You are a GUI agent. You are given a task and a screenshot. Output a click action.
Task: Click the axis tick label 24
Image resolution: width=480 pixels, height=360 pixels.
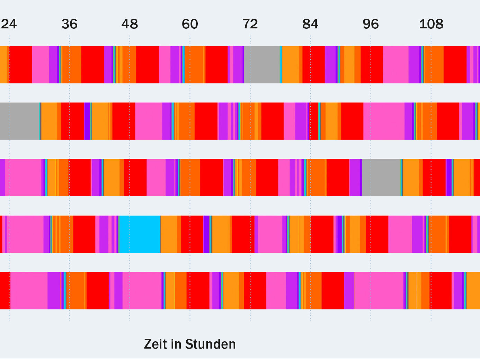(x=9, y=24)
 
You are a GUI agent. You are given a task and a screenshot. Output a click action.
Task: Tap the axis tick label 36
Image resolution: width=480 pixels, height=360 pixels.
(x=69, y=24)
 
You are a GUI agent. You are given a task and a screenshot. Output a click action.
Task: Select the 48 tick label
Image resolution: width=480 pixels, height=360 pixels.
(x=130, y=24)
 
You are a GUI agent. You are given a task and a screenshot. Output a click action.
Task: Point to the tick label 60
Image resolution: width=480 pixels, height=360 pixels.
(x=190, y=24)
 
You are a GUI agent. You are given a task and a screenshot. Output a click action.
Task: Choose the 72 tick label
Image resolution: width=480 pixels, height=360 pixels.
(x=250, y=24)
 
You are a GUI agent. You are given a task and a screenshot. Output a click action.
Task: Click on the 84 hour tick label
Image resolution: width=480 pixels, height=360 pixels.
(x=310, y=24)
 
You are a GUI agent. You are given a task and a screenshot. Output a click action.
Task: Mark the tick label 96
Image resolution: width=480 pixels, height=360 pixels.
(x=371, y=24)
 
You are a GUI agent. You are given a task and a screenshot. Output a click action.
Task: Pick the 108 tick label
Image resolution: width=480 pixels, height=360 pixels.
(x=431, y=24)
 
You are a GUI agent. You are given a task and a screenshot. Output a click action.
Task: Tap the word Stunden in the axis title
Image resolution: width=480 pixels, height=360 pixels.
(x=211, y=344)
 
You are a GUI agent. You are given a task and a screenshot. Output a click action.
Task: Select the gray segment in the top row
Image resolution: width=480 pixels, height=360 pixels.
(x=262, y=65)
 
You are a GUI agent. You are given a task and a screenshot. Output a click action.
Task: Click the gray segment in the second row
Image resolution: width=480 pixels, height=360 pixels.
(x=19, y=121)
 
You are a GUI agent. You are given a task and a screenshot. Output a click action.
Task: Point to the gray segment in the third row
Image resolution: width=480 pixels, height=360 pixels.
(x=381, y=178)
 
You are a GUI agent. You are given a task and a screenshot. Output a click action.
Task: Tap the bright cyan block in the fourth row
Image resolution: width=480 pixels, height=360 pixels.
(x=140, y=234)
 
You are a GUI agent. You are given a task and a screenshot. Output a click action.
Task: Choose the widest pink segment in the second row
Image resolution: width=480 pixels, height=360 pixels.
(x=384, y=121)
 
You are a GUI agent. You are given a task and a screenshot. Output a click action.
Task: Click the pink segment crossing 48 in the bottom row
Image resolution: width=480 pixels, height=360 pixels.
(x=142, y=290)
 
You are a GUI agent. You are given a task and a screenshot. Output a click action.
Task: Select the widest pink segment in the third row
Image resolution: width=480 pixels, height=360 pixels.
(x=23, y=178)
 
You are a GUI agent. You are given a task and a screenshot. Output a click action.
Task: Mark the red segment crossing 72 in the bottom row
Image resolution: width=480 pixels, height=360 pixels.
(x=255, y=290)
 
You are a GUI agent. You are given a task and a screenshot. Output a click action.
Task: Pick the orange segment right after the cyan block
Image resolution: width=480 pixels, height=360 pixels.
(x=169, y=234)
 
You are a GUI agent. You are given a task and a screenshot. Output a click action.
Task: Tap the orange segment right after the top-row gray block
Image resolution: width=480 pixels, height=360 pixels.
(x=291, y=65)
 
